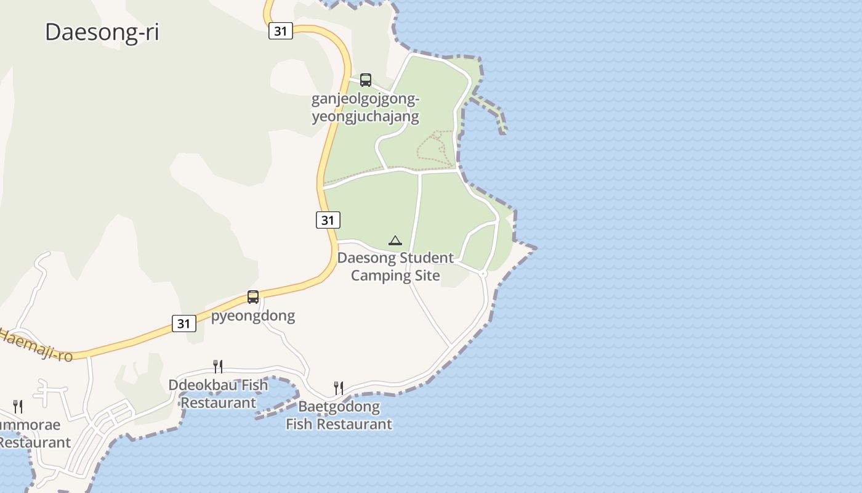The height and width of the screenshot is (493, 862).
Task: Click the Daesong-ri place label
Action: coord(102,32)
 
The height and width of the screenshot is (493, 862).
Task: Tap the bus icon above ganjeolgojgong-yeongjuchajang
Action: coord(366,79)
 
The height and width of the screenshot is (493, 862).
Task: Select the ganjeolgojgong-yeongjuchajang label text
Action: coord(365,108)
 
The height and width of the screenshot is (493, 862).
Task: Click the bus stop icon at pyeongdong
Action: coord(253,297)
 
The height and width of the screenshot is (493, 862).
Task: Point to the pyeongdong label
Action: coord(253,316)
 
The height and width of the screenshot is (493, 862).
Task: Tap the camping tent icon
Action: coord(395,240)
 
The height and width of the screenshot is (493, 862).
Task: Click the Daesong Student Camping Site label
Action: coord(395,266)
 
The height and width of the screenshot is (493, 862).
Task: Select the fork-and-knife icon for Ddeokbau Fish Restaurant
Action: coord(217,367)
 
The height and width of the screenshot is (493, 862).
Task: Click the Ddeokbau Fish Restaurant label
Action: coord(218,394)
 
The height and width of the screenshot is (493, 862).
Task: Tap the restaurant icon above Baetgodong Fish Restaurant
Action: coord(338,388)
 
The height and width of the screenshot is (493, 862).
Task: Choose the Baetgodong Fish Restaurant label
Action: coord(339,415)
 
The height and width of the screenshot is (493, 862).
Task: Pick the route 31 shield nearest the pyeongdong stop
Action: coord(183,323)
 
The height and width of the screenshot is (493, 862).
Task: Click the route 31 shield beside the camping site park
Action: coord(328,220)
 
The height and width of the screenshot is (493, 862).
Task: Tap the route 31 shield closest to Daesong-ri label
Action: coord(280,31)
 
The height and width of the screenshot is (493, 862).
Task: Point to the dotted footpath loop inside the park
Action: coord(433,148)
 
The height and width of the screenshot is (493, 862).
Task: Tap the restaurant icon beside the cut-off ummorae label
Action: coord(18,406)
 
